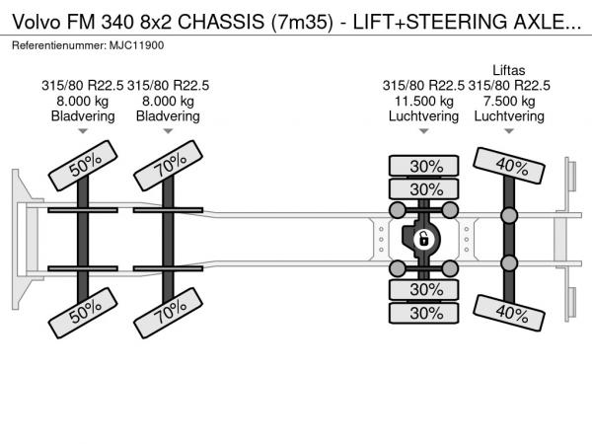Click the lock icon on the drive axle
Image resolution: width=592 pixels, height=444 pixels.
tap(422, 238)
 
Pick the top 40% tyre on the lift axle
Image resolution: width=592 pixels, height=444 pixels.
tap(510, 165)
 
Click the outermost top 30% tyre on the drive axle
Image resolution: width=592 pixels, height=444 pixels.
tap(426, 166)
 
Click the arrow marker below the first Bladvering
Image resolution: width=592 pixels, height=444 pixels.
tap(83, 131)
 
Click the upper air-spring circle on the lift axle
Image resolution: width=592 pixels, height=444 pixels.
tap(509, 215)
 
